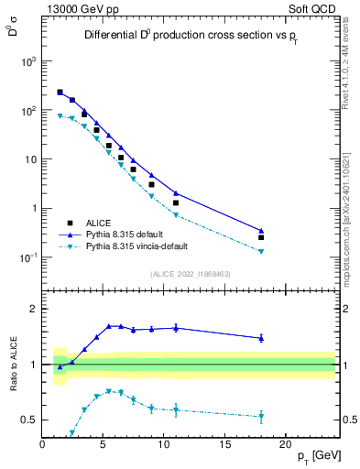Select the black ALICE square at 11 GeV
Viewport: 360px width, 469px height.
(x=176, y=202)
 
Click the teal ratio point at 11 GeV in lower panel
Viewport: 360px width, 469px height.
(x=176, y=409)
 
